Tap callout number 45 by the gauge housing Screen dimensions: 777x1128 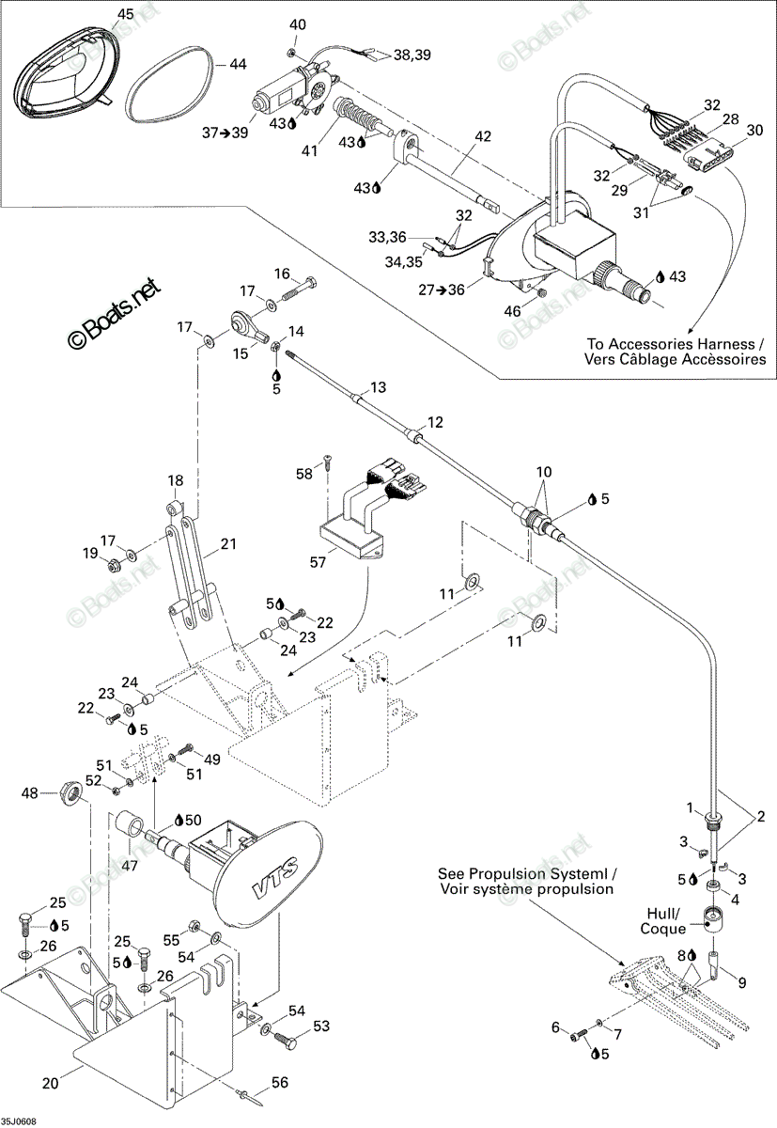click(x=125, y=14)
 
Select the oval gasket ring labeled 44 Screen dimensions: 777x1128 click(x=170, y=84)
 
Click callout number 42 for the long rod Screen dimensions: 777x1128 click(x=483, y=136)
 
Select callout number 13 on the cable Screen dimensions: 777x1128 click(x=378, y=387)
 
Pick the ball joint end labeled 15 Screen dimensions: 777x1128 click(x=250, y=327)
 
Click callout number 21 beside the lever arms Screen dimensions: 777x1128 click(x=228, y=544)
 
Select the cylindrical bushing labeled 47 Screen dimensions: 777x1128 click(x=131, y=826)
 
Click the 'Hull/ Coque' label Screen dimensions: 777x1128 click(x=662, y=921)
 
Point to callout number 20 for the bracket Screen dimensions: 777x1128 click(x=51, y=1083)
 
